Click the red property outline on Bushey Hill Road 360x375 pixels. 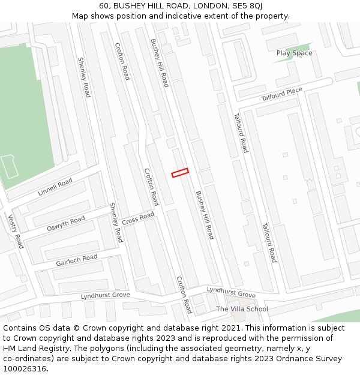click(x=180, y=172)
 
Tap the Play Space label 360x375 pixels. click(x=294, y=53)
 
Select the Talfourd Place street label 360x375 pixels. click(x=282, y=94)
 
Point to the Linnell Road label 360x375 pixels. click(x=55, y=187)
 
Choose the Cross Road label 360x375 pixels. click(x=138, y=219)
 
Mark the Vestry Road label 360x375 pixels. click(x=16, y=231)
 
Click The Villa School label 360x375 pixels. click(x=242, y=309)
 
